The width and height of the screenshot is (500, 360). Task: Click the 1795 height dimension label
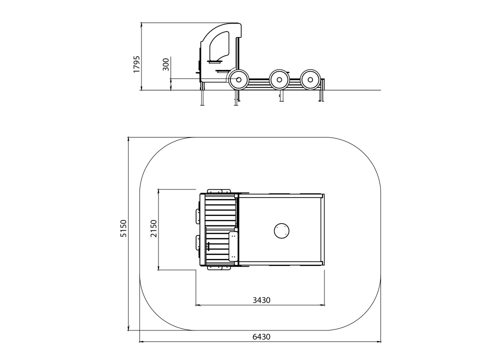tap(136, 64)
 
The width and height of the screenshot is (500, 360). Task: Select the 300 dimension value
tap(166, 64)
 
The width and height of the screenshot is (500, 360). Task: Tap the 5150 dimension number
tap(123, 228)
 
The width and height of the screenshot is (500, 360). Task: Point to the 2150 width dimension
tap(153, 228)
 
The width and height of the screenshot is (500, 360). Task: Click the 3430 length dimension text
tap(261, 300)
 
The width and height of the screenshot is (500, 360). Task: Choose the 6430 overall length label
tap(261, 336)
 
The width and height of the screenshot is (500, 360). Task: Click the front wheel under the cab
tap(238, 79)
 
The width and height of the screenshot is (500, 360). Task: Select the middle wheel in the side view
tap(279, 79)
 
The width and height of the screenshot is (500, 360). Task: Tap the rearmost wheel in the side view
tap(310, 79)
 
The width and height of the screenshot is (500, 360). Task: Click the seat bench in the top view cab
tap(233, 246)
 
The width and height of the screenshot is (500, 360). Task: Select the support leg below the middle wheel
tap(281, 95)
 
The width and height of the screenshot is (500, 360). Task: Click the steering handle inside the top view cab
tap(209, 246)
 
